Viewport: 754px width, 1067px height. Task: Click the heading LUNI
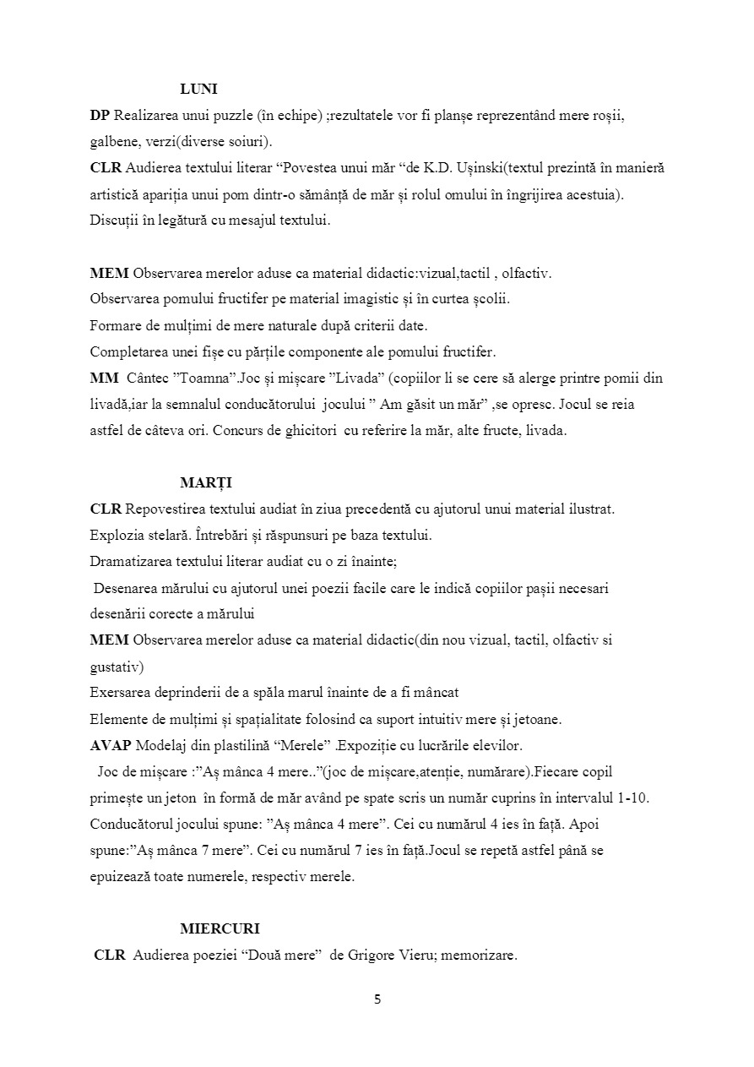point(199,90)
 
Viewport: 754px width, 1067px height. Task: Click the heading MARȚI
point(206,483)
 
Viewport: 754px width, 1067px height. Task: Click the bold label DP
point(100,116)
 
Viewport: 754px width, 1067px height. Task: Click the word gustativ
point(117,667)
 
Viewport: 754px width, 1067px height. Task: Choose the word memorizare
point(477,956)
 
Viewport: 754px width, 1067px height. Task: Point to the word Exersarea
point(120,694)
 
